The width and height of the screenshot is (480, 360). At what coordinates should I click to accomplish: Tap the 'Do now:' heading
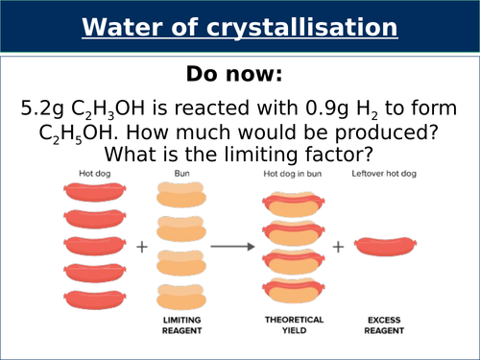[239, 74]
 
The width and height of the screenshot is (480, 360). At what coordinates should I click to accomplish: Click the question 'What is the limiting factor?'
[239, 154]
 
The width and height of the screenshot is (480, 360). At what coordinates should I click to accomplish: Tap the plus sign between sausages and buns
[142, 246]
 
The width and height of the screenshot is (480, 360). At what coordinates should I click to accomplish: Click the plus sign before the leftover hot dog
[339, 246]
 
